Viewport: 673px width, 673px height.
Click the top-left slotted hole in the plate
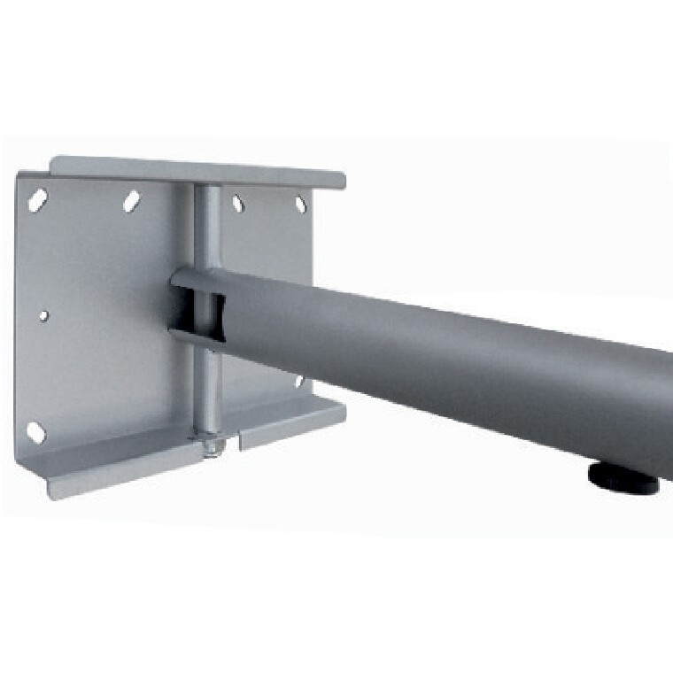point(36,200)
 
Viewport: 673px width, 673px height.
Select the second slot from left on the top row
point(132,200)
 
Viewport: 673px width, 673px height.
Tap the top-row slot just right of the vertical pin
point(237,203)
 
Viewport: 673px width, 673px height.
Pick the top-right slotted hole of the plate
point(300,205)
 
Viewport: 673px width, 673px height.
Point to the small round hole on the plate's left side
point(43,314)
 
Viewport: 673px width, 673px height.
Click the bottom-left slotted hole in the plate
point(35,432)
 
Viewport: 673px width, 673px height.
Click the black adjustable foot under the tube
point(623,479)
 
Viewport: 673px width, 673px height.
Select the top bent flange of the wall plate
point(195,171)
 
